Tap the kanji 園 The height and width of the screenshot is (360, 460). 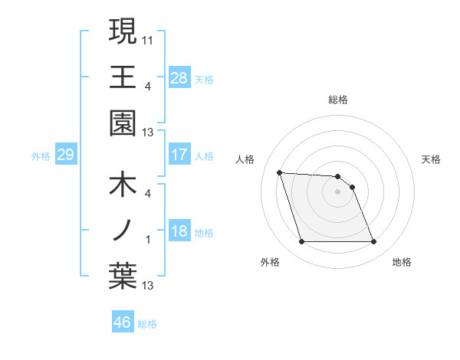pos(123,123)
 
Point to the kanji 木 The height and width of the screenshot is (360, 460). pos(123,186)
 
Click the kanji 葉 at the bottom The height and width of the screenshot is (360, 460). pos(123,277)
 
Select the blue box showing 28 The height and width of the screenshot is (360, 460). pos(179,77)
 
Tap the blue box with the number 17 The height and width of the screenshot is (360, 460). pos(179,155)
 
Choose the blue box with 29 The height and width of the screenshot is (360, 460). pos(65,155)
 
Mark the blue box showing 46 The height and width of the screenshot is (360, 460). pos(123,322)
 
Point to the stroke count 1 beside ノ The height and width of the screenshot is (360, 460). pos(148,240)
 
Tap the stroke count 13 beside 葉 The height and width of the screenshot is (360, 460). pos(148,286)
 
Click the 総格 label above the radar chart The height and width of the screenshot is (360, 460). pos(337,100)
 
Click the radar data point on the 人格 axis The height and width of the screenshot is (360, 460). pos(280,173)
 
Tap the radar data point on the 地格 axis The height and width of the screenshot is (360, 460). pos(373,242)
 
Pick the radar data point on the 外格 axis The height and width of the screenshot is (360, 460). pos(301,242)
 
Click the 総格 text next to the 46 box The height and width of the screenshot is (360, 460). pos(147,324)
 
